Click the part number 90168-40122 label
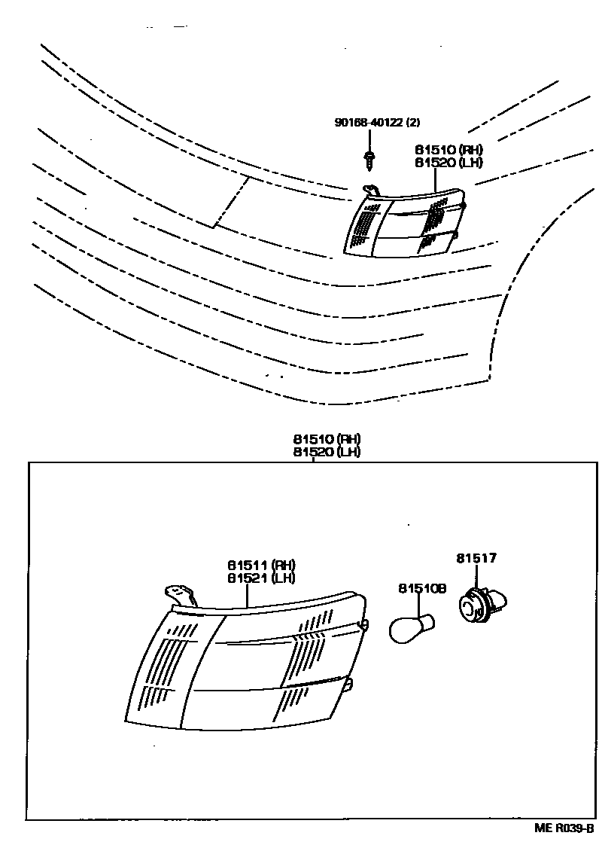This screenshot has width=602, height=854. [x=370, y=122]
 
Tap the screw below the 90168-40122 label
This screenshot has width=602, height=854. [x=369, y=160]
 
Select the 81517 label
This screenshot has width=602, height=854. [x=476, y=558]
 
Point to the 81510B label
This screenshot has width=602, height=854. [x=422, y=588]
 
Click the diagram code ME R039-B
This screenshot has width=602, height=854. [x=564, y=828]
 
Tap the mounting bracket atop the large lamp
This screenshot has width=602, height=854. [x=181, y=595]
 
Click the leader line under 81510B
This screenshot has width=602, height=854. [x=418, y=605]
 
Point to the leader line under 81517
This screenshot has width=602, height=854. [x=477, y=577]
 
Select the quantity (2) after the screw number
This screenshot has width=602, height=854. [x=413, y=122]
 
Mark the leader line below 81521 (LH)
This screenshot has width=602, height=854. [x=247, y=596]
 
